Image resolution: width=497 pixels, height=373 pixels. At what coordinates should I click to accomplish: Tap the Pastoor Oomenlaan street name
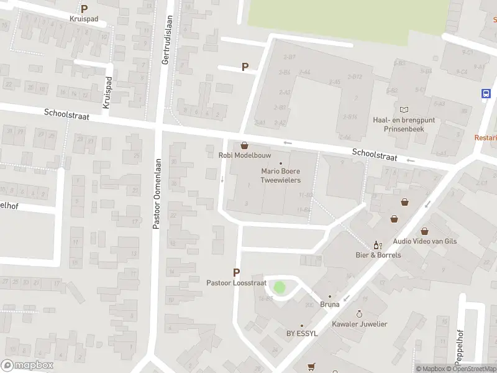pyautogui.click(x=157, y=193)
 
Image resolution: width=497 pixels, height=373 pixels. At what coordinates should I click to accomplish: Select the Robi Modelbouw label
pyautogui.click(x=239, y=155)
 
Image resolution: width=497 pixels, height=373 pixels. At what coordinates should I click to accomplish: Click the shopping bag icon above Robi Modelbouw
pyautogui.click(x=244, y=145)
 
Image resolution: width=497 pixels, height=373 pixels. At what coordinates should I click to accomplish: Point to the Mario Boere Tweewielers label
pyautogui.click(x=281, y=175)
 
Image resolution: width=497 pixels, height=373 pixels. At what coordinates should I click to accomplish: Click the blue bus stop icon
pyautogui.click(x=486, y=94)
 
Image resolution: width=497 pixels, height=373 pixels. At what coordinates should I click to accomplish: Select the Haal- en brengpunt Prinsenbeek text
pyautogui.click(x=404, y=124)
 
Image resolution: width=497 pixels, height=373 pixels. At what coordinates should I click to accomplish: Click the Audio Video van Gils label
pyautogui.click(x=424, y=242)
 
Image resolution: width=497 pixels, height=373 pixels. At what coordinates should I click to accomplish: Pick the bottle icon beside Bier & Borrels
pyautogui.click(x=376, y=245)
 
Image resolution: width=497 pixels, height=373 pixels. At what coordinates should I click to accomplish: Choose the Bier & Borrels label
pyautogui.click(x=378, y=255)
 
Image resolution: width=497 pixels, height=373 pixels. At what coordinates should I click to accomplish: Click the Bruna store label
pyautogui.click(x=330, y=305)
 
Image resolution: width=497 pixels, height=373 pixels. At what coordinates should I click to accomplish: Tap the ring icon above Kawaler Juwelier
pyautogui.click(x=359, y=315)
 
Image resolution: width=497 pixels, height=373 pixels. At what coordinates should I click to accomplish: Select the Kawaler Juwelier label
pyautogui.click(x=360, y=324)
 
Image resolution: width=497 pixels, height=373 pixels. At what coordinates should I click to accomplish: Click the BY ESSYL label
pyautogui.click(x=301, y=334)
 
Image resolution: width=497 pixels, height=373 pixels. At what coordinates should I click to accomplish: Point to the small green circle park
pyautogui.click(x=280, y=288)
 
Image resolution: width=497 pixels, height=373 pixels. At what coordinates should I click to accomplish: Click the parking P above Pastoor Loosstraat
pyautogui.click(x=236, y=272)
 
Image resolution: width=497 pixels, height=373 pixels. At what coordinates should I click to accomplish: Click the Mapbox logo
pyautogui.click(x=27, y=366)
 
